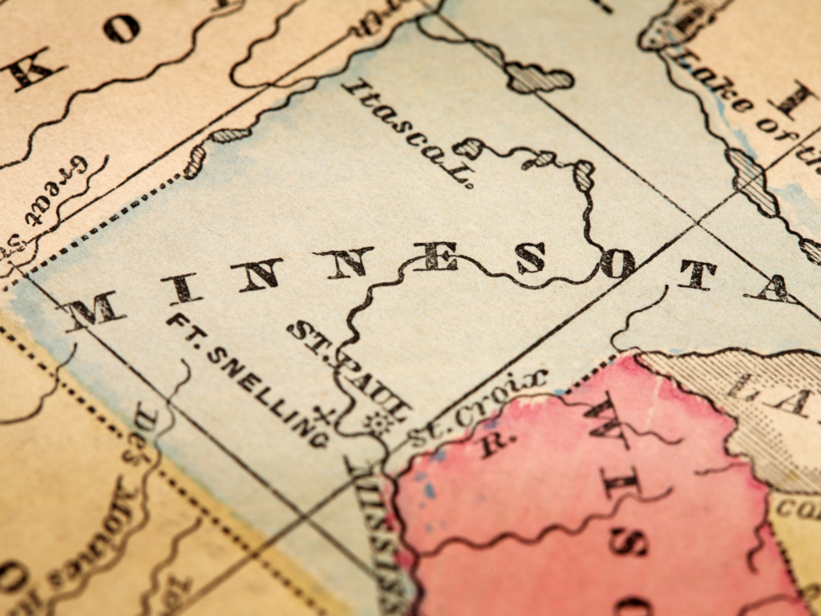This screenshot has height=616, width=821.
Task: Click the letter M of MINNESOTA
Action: tap(95, 309)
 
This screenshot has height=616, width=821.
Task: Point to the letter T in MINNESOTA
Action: tap(696, 274)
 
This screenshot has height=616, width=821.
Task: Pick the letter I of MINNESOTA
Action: tap(182, 287)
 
